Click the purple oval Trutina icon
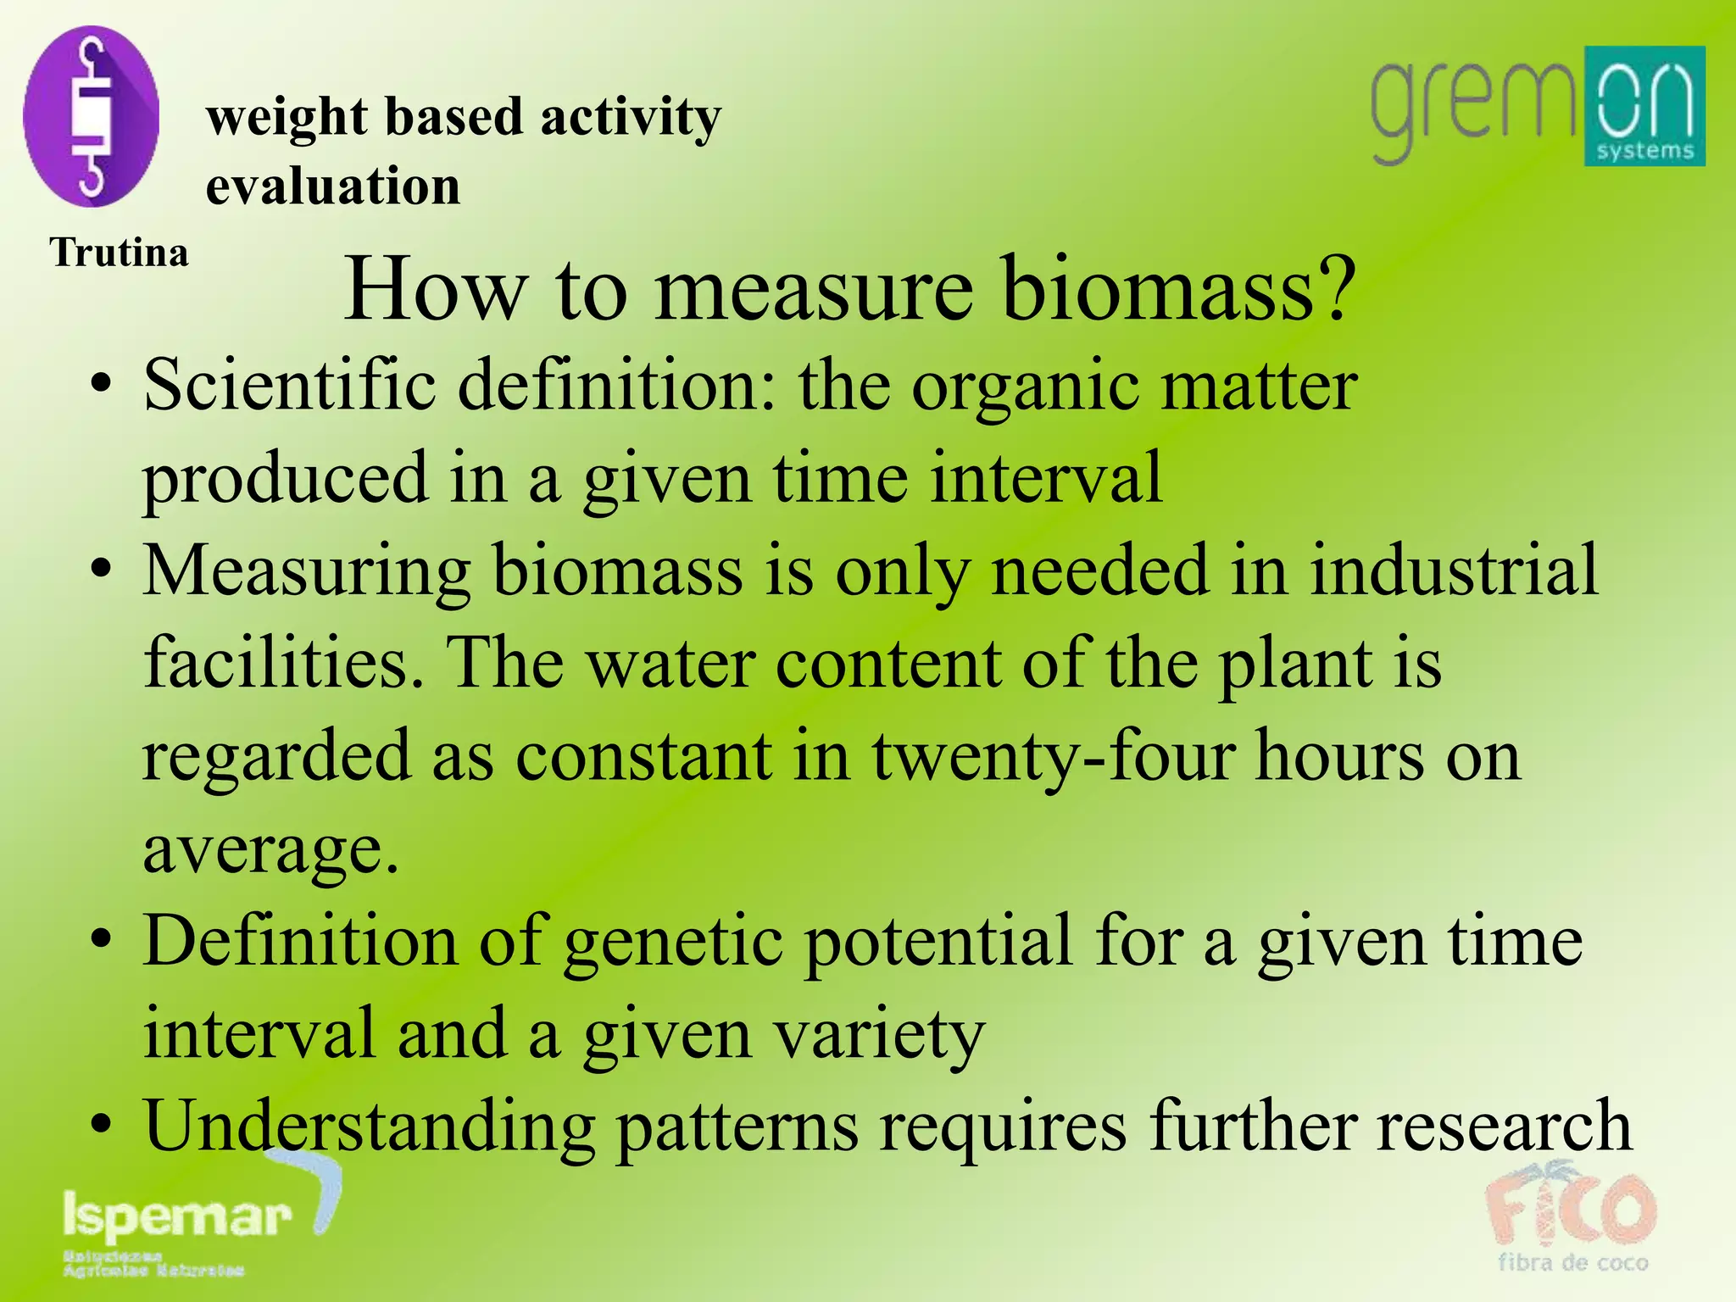tap(91, 116)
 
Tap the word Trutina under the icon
tap(119, 253)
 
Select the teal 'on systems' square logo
tap(1644, 106)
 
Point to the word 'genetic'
tap(674, 943)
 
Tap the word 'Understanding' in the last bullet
tap(370, 1127)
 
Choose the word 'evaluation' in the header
tap(333, 186)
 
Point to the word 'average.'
tap(270, 849)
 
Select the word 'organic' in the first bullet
tap(1026, 386)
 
